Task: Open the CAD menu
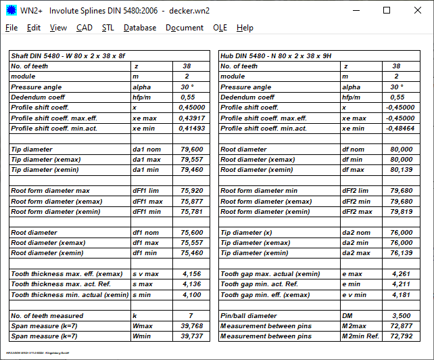click(x=85, y=28)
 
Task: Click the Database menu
click(x=140, y=28)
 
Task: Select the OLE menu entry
click(x=220, y=28)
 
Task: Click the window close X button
click(x=417, y=10)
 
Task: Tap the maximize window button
click(x=386, y=10)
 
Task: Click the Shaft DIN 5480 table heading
click(x=68, y=56)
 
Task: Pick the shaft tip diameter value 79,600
click(x=192, y=150)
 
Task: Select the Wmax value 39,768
click(x=192, y=326)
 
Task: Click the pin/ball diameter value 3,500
click(x=402, y=316)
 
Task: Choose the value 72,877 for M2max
click(x=402, y=326)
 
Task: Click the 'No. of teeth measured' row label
click(x=47, y=316)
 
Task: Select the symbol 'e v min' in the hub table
click(x=356, y=295)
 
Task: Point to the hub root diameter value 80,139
click(x=402, y=171)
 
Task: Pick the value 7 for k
click(x=191, y=316)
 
